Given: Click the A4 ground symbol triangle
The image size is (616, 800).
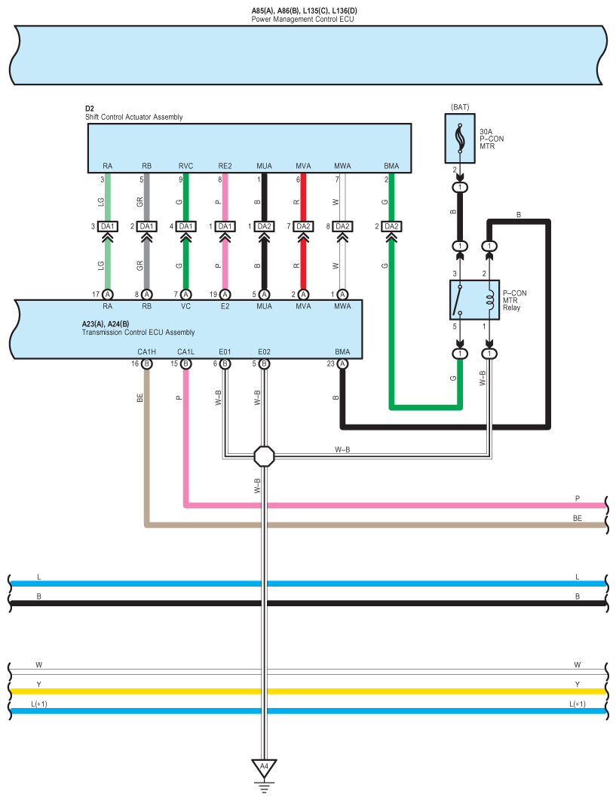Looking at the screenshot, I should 264,768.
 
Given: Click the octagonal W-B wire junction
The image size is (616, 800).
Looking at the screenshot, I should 264,455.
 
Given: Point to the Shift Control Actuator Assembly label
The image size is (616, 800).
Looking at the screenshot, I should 133,117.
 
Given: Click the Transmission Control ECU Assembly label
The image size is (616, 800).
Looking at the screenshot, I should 138,332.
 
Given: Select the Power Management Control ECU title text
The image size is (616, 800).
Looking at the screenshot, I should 302,18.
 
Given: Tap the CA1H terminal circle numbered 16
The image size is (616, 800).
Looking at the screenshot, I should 146,363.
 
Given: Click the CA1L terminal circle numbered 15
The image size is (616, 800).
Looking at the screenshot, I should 185,363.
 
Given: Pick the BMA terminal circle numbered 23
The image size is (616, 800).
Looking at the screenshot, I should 342,363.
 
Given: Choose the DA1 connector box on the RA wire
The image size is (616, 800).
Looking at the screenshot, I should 108,226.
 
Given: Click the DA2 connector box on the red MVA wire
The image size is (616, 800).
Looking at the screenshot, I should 303,226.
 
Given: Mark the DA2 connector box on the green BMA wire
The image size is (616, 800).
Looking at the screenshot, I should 391,226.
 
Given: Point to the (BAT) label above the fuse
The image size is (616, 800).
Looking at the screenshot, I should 460,107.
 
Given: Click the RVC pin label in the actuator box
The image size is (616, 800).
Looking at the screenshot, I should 185,166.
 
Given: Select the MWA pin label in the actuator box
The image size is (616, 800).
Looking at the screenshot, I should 342,166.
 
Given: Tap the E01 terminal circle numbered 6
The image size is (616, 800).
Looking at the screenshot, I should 225,363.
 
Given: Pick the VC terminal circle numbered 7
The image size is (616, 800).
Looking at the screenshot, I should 185,294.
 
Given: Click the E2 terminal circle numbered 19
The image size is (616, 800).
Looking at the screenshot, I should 225,294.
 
